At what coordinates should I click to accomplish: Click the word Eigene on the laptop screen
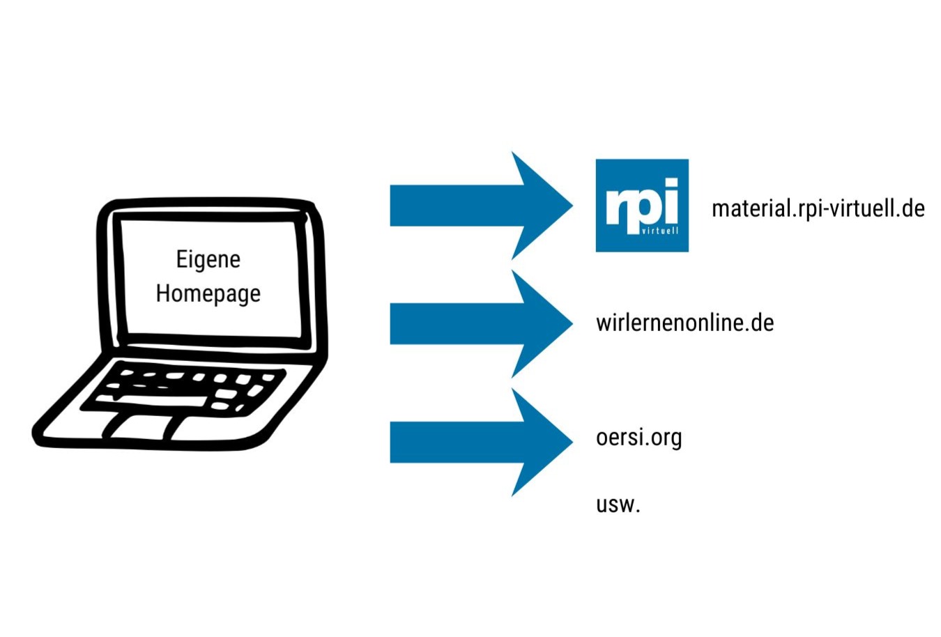coord(208,259)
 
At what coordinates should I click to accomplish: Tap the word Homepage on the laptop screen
coord(208,293)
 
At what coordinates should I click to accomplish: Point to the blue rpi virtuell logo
coord(642,205)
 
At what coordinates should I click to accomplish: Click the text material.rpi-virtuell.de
coord(818,208)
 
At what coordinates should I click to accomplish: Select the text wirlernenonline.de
coord(684,323)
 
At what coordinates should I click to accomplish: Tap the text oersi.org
coord(638,438)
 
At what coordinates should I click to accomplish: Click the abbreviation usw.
coord(618,504)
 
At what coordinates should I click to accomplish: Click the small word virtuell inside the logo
coord(659,230)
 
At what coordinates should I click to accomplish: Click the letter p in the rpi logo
coord(643,208)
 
